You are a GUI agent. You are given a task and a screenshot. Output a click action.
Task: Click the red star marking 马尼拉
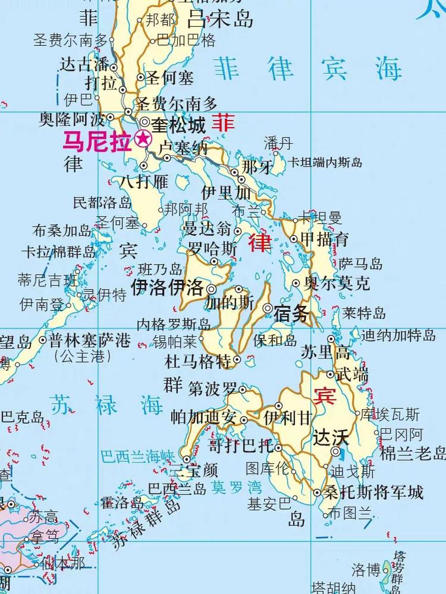tap(143, 139)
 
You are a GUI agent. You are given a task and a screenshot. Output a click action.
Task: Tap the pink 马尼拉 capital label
tap(97, 141)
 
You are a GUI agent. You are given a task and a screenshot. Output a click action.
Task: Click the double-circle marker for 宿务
tap(268, 308)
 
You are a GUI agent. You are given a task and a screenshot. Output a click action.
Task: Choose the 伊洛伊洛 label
tap(168, 288)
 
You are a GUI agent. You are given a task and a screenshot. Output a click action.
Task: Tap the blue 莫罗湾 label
tap(236, 488)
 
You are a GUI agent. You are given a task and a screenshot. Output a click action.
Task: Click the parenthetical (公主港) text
tap(84, 356)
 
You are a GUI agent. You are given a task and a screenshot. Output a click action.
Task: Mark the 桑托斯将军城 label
tap(374, 492)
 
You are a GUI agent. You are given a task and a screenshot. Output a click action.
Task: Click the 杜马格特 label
tap(198, 361)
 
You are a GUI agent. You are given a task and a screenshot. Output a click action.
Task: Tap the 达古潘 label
tap(85, 65)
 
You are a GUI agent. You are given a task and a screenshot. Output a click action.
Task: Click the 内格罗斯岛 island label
tap(174, 323)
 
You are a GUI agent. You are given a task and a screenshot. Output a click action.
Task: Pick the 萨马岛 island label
tap(361, 264)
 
